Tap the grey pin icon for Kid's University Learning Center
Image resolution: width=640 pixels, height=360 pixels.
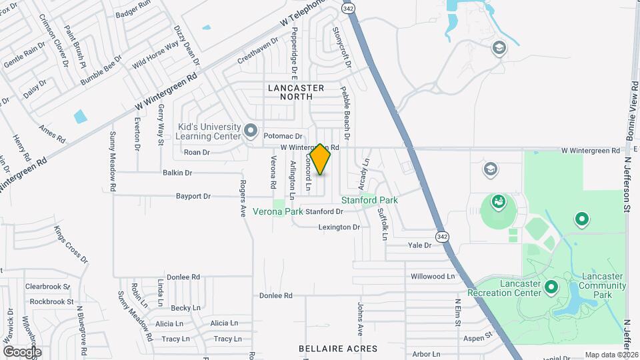(x=251, y=130)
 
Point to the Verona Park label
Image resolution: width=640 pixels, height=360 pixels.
(x=280, y=211)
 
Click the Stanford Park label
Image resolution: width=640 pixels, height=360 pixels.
(x=369, y=200)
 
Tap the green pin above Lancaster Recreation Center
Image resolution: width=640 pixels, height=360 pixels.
(x=551, y=287)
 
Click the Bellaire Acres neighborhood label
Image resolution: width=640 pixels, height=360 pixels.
(x=338, y=349)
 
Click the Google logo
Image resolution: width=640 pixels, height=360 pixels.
(x=22, y=351)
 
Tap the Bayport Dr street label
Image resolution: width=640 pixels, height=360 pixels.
(x=193, y=197)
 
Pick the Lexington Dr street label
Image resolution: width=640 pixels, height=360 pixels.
(x=339, y=227)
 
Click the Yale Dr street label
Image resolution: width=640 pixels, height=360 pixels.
(x=420, y=245)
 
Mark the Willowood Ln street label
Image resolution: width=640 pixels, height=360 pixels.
(x=433, y=276)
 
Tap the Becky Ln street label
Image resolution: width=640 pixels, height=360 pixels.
(x=185, y=308)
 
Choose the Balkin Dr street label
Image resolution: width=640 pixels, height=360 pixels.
(x=177, y=173)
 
